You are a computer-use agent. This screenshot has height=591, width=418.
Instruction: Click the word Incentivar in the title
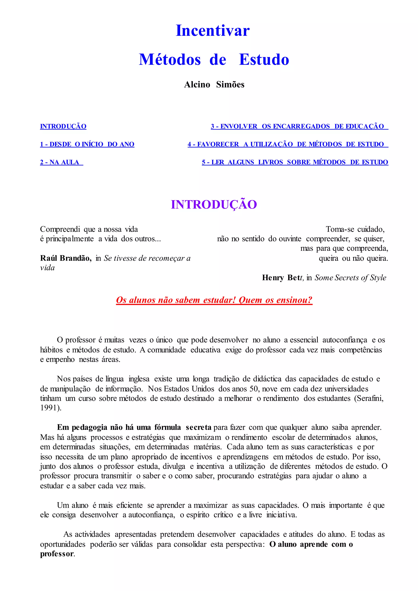tap(213, 31)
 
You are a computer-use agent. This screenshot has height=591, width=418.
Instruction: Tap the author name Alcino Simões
tap(214, 84)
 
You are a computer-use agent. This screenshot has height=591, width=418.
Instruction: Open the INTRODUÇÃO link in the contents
tap(63, 126)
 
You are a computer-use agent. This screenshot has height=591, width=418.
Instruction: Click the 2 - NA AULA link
tap(61, 162)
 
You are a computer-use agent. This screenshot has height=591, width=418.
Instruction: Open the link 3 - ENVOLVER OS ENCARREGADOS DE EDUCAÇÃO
tap(299, 126)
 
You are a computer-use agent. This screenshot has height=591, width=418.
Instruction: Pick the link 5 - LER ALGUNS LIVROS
tap(295, 162)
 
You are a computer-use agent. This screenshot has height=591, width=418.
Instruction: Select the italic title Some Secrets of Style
tap(350, 278)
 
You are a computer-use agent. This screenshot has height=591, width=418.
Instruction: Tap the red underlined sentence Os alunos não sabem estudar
tap(214, 300)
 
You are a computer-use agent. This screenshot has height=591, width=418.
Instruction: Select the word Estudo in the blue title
tap(264, 60)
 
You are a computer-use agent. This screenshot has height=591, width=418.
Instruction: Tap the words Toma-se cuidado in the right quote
tap(355, 229)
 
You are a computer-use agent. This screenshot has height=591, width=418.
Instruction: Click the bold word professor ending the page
tap(56, 554)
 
